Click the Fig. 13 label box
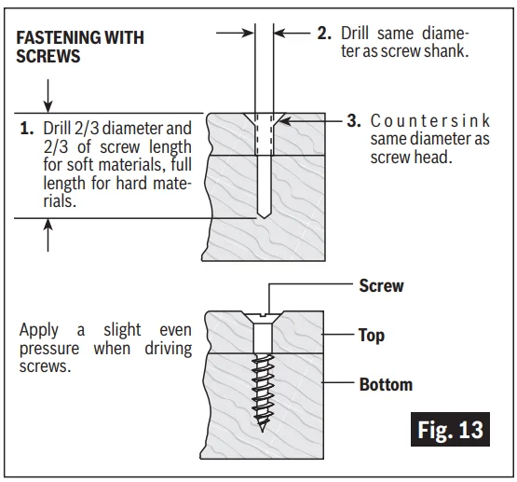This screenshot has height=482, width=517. [x=450, y=429]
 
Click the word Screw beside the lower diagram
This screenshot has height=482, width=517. [x=381, y=285]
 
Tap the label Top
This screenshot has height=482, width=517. [x=372, y=336]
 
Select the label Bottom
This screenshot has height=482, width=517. [x=386, y=385]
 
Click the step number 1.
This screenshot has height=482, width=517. [x=27, y=129]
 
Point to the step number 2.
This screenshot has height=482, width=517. [x=324, y=34]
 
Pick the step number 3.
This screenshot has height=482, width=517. [x=354, y=120]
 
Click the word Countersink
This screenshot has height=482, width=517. [x=430, y=121]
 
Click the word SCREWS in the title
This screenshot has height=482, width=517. [x=48, y=56]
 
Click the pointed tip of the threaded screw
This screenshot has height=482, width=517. [x=263, y=432]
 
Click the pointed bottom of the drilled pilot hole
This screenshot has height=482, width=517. [x=264, y=218]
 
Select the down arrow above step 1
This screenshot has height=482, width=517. [x=48, y=96]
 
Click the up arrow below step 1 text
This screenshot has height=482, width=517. [x=48, y=235]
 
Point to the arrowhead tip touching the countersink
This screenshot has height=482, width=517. [x=279, y=121]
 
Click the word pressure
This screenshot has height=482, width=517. [x=49, y=349]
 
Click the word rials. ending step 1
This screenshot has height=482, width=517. [x=60, y=201]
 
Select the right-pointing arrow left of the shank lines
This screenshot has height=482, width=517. [x=235, y=33]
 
